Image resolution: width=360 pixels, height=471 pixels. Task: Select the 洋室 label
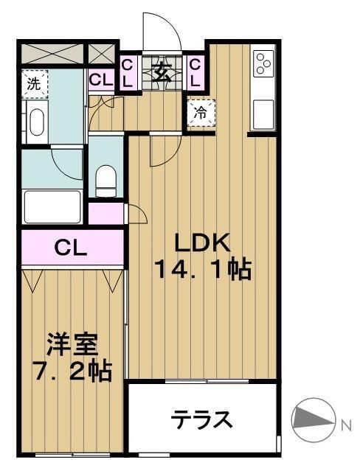click(x=72, y=343)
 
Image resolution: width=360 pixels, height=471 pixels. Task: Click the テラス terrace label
click(x=203, y=420)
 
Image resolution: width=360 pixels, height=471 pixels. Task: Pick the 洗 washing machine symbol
click(x=33, y=84)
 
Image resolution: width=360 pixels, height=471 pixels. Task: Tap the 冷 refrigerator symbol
click(x=201, y=114)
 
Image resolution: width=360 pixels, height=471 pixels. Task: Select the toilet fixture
click(x=106, y=178)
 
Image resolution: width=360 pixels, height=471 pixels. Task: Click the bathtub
click(x=52, y=206)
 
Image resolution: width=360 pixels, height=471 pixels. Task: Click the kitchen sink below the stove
click(x=263, y=114)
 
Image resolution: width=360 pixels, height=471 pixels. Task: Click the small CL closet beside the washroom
click(x=102, y=78)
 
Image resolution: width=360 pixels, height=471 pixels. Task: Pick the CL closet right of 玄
click(x=195, y=72)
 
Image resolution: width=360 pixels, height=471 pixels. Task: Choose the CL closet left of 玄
click(x=127, y=72)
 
